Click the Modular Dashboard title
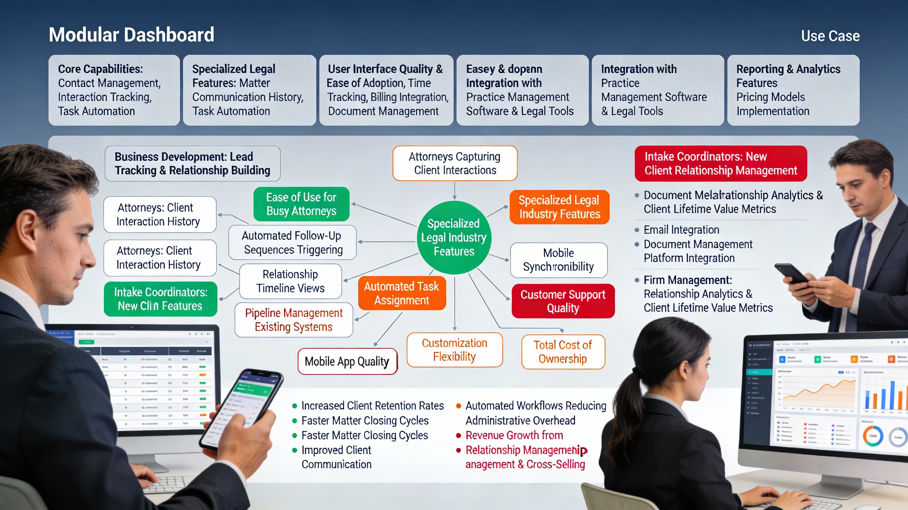click(x=131, y=35)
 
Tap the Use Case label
click(x=830, y=36)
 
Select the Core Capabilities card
click(x=114, y=90)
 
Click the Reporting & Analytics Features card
click(x=793, y=90)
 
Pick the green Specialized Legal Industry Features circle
click(x=454, y=237)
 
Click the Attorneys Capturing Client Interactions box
click(x=455, y=163)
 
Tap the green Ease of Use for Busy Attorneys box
click(x=301, y=204)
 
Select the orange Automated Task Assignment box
click(x=402, y=293)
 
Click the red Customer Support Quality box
click(x=563, y=301)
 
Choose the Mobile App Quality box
click(x=347, y=361)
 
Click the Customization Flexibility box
click(x=454, y=350)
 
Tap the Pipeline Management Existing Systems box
click(x=294, y=320)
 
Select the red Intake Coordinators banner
click(x=721, y=164)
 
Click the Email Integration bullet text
click(x=681, y=230)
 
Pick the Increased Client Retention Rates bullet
click(x=372, y=406)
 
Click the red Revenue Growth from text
click(x=514, y=435)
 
